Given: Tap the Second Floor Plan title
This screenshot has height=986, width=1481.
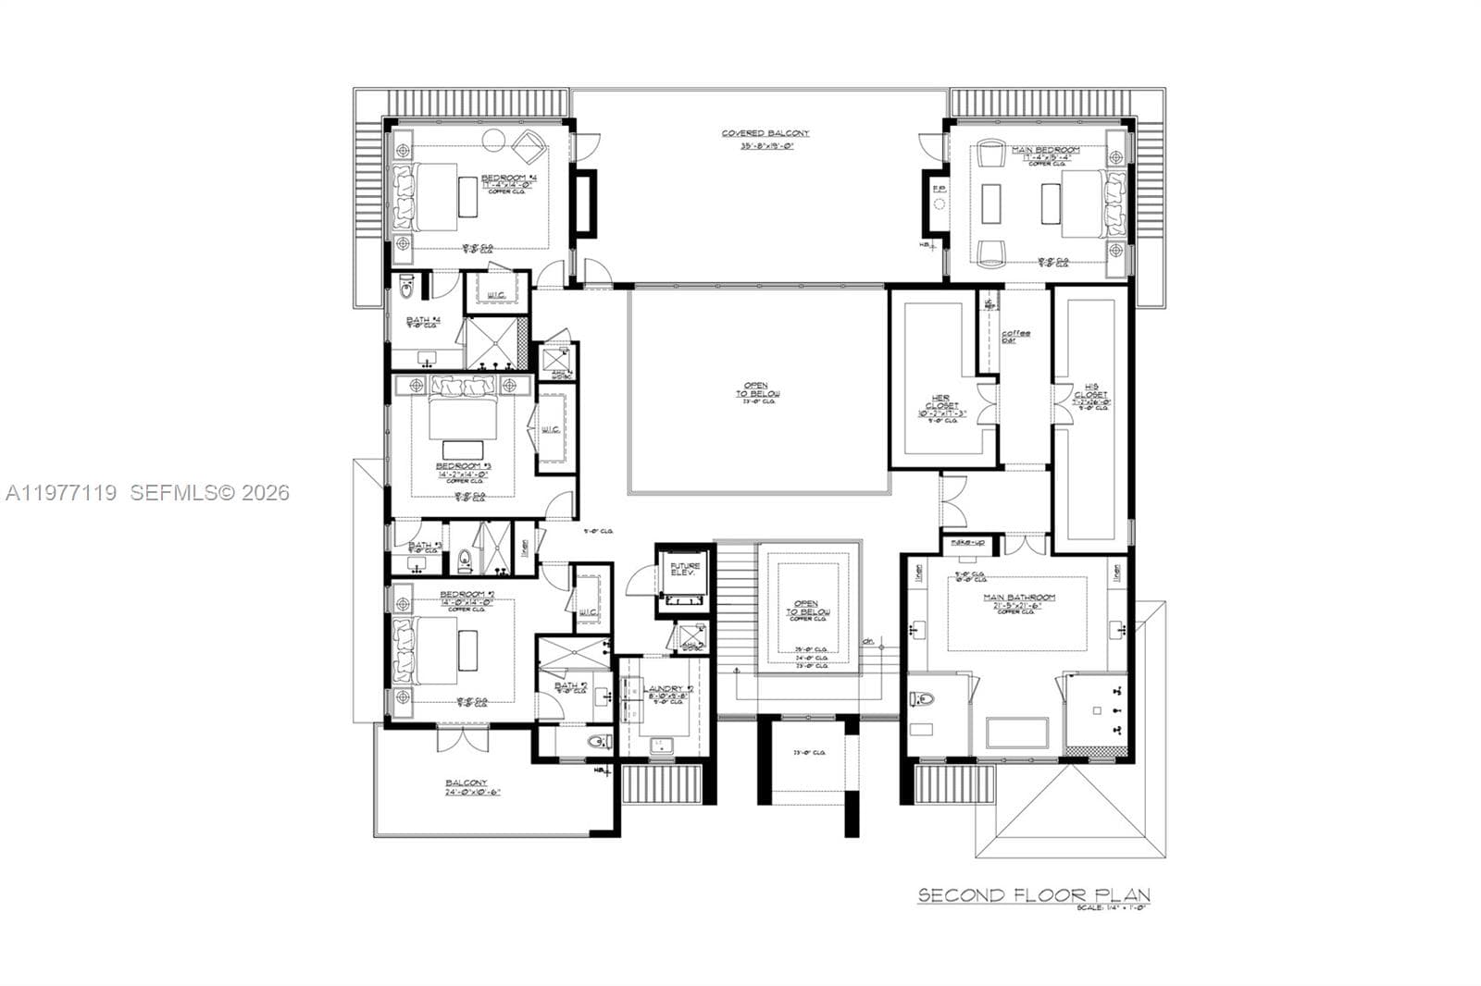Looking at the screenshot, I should [x=1033, y=894].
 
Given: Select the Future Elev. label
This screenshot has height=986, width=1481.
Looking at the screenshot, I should [x=685, y=569].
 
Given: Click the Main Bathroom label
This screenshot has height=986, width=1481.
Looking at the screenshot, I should [x=1019, y=598].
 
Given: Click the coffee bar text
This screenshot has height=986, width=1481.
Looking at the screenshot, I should [x=1014, y=336].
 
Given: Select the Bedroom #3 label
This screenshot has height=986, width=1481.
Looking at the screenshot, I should [x=462, y=465].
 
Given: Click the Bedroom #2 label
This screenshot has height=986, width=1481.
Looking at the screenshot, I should [x=467, y=595].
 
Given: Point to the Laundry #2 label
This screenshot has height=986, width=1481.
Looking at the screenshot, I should [x=666, y=689].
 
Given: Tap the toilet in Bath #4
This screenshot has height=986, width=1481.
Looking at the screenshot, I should [x=406, y=290].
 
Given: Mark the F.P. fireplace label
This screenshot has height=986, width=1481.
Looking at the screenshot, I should [x=938, y=190].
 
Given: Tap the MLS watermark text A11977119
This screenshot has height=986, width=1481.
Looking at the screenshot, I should [x=61, y=493].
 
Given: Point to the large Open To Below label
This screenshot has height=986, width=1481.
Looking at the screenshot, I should [x=758, y=389].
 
